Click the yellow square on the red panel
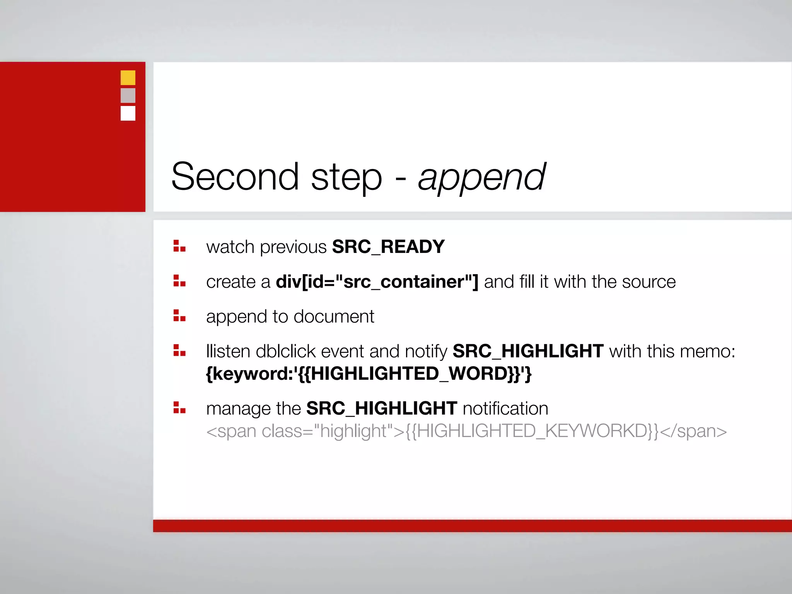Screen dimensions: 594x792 tap(128, 78)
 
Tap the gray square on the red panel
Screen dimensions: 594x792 tap(128, 96)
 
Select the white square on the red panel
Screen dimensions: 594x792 tap(128, 113)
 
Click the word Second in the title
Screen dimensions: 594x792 tap(235, 177)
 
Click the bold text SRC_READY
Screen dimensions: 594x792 tap(388, 247)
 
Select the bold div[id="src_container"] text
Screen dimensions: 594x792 tap(377, 282)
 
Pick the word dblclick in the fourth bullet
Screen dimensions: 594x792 tap(286, 352)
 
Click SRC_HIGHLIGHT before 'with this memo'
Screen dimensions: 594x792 tap(528, 352)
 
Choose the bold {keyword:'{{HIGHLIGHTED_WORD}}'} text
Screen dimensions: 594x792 tap(369, 374)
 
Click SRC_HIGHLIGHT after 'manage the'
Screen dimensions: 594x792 tap(382, 409)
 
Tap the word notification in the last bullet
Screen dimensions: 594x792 tap(505, 409)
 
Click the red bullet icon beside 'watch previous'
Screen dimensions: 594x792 tap(179, 246)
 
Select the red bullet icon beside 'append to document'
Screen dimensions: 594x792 tap(179, 316)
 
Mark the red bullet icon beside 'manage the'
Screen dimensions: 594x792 tap(179, 408)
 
